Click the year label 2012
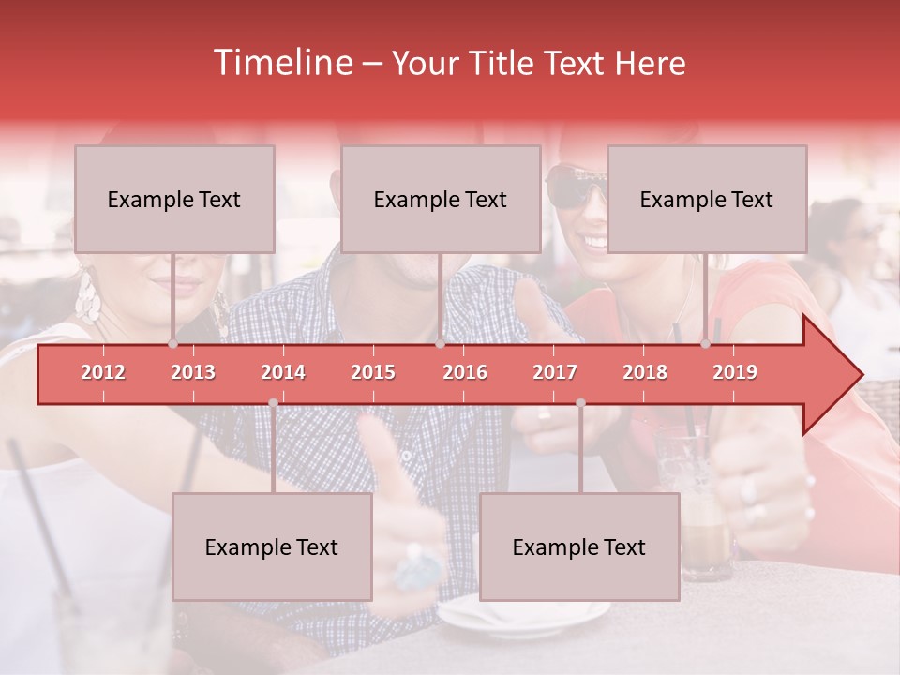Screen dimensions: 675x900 [x=103, y=372]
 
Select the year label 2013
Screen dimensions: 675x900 [x=193, y=372]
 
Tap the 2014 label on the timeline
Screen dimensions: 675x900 [x=283, y=372]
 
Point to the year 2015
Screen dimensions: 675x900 [x=373, y=372]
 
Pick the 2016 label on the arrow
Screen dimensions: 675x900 [x=465, y=372]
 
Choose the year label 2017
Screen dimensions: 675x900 [x=555, y=372]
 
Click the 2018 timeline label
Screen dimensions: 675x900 [x=645, y=372]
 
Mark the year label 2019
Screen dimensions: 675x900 [x=735, y=372]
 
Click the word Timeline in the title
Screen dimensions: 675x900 [x=281, y=63]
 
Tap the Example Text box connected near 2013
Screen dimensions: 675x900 [x=174, y=199]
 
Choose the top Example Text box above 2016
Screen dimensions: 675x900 [x=441, y=199]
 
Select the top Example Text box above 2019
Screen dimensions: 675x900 [x=707, y=199]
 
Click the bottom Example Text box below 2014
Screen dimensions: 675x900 [x=272, y=547]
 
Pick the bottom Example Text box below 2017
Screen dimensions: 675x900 [x=579, y=547]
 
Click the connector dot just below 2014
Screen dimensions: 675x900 [x=273, y=402]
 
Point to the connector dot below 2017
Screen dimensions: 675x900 [x=580, y=402]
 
